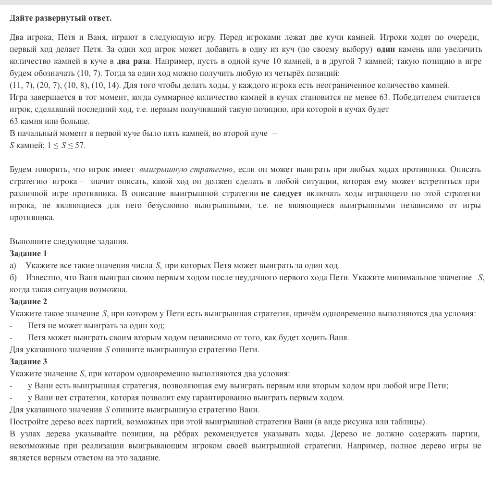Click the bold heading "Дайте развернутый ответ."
61,18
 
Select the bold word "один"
386,50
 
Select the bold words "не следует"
282,194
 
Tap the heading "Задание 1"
28,253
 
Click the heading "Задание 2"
28,301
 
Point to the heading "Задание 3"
28,361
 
